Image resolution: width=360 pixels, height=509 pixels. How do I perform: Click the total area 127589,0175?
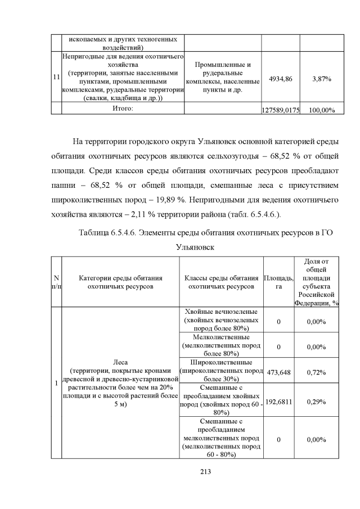(x=281, y=110)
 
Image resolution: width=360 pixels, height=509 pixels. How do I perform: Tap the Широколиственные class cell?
(x=220, y=370)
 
